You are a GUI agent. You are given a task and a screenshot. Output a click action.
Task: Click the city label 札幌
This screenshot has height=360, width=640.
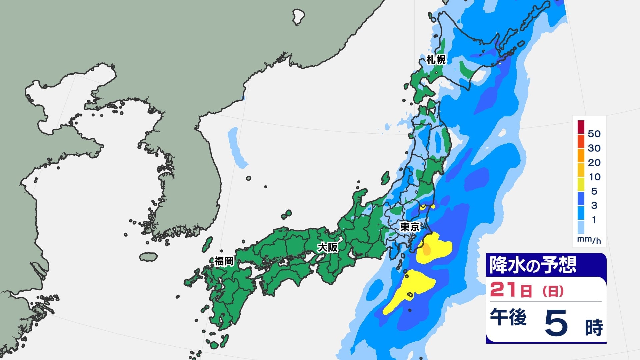coord(436,60)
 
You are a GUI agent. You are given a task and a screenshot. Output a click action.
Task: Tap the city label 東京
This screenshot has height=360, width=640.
coord(410,227)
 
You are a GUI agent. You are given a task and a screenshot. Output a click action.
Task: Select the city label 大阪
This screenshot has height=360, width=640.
coord(327,247)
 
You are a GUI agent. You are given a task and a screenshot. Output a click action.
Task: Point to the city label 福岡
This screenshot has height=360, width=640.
coord(224,261)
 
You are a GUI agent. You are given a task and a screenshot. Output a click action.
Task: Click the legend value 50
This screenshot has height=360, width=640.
coord(594,134)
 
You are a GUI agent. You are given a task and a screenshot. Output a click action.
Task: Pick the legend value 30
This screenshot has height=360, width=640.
coord(594,148)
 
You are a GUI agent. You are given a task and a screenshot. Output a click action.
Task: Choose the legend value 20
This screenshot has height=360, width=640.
coord(594,162)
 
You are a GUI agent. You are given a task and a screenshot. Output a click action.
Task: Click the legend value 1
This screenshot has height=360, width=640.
coord(594,220)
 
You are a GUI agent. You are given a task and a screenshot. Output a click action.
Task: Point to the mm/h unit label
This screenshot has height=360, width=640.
coord(589,239)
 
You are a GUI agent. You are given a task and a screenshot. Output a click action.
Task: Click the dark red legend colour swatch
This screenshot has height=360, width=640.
coord(581,127)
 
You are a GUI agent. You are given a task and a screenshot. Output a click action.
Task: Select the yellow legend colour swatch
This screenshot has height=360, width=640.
coord(581,184)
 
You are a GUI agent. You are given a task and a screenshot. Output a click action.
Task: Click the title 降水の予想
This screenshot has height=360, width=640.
coord(532,265)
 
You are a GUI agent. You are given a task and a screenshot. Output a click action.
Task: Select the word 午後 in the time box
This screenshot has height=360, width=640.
coord(508,317)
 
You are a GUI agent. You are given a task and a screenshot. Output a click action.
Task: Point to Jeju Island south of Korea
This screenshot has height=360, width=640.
coord(148,257)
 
